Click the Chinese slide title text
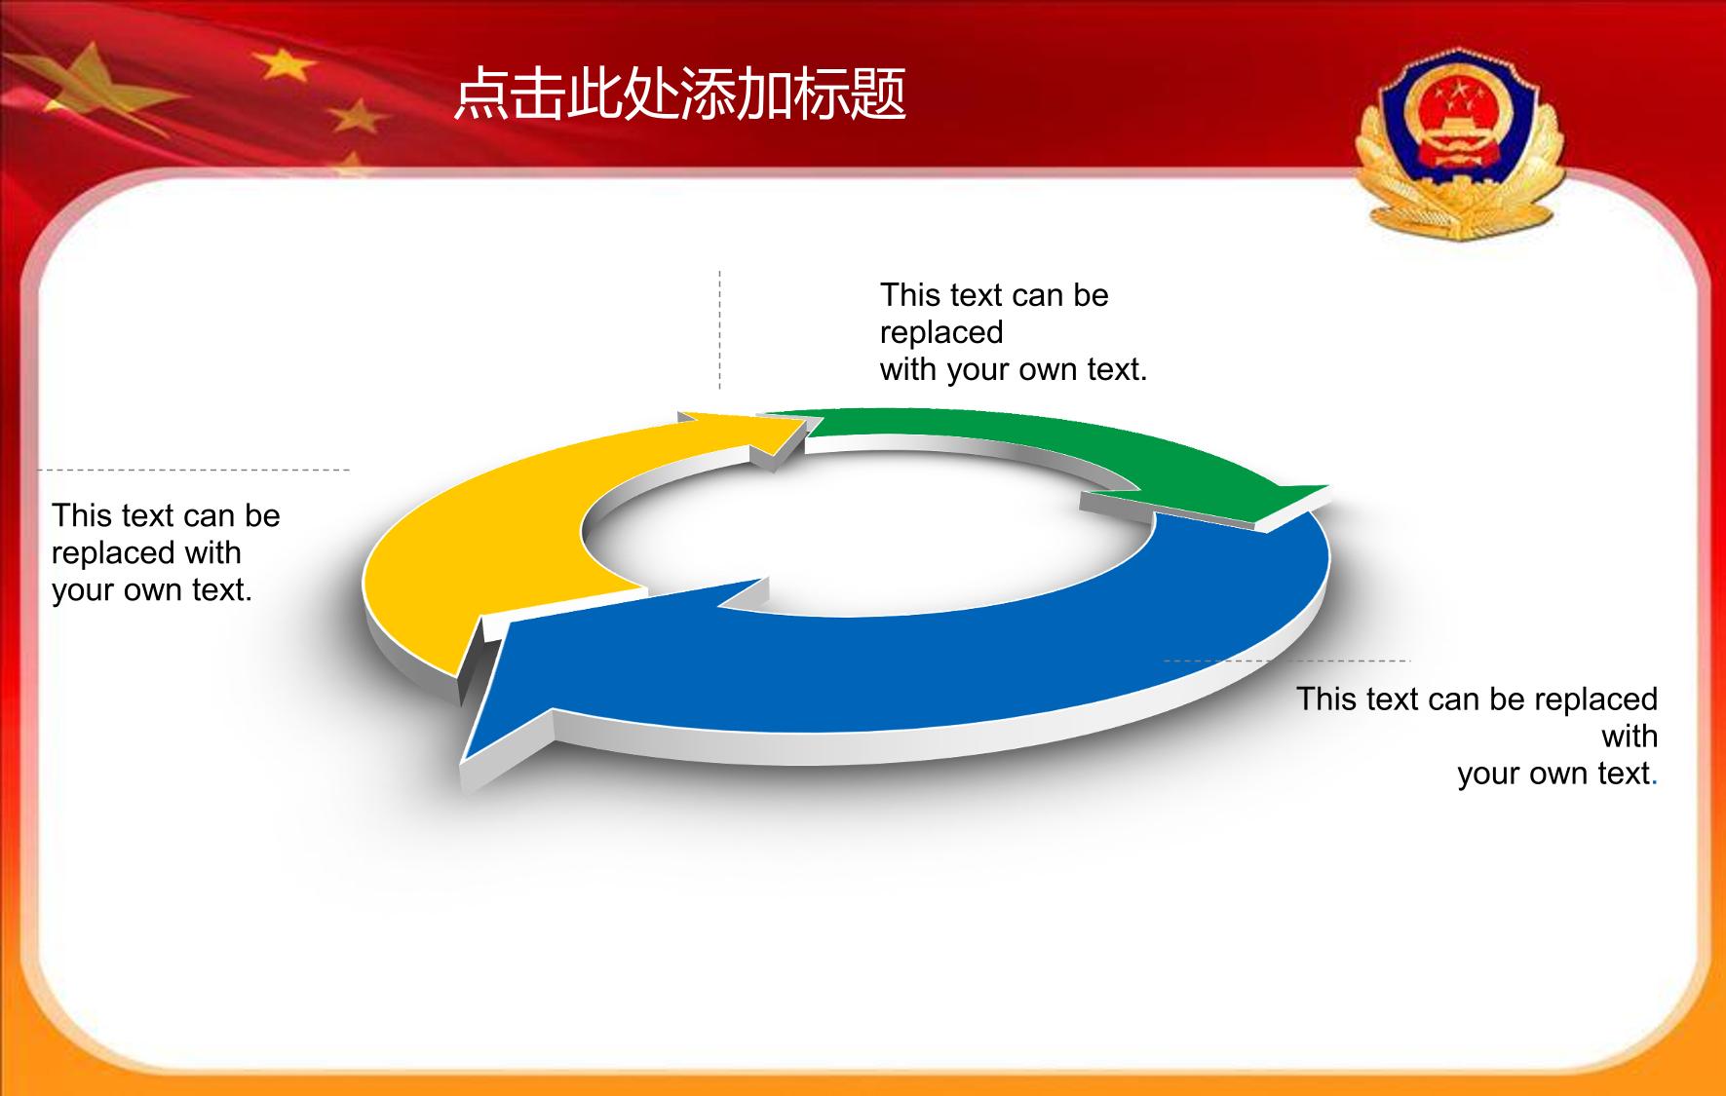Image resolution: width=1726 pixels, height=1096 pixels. coord(680,94)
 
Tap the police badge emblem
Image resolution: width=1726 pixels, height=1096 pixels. coord(1458,144)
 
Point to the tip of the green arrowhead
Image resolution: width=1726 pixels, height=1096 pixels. coord(1329,486)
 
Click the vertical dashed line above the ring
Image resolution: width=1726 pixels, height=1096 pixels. coord(720,330)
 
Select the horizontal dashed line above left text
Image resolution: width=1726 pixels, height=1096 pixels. coord(193,470)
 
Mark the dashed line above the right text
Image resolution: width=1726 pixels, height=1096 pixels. coord(1286,661)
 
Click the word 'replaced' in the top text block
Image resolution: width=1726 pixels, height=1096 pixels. coord(941,332)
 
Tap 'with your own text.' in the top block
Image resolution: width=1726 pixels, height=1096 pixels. coord(1014,370)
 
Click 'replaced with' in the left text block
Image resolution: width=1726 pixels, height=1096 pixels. coord(146,552)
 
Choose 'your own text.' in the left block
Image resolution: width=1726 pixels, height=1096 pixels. coord(152,590)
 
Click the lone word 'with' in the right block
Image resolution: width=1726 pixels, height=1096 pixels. coord(1630,737)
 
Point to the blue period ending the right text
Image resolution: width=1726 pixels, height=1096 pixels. coord(1655,783)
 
